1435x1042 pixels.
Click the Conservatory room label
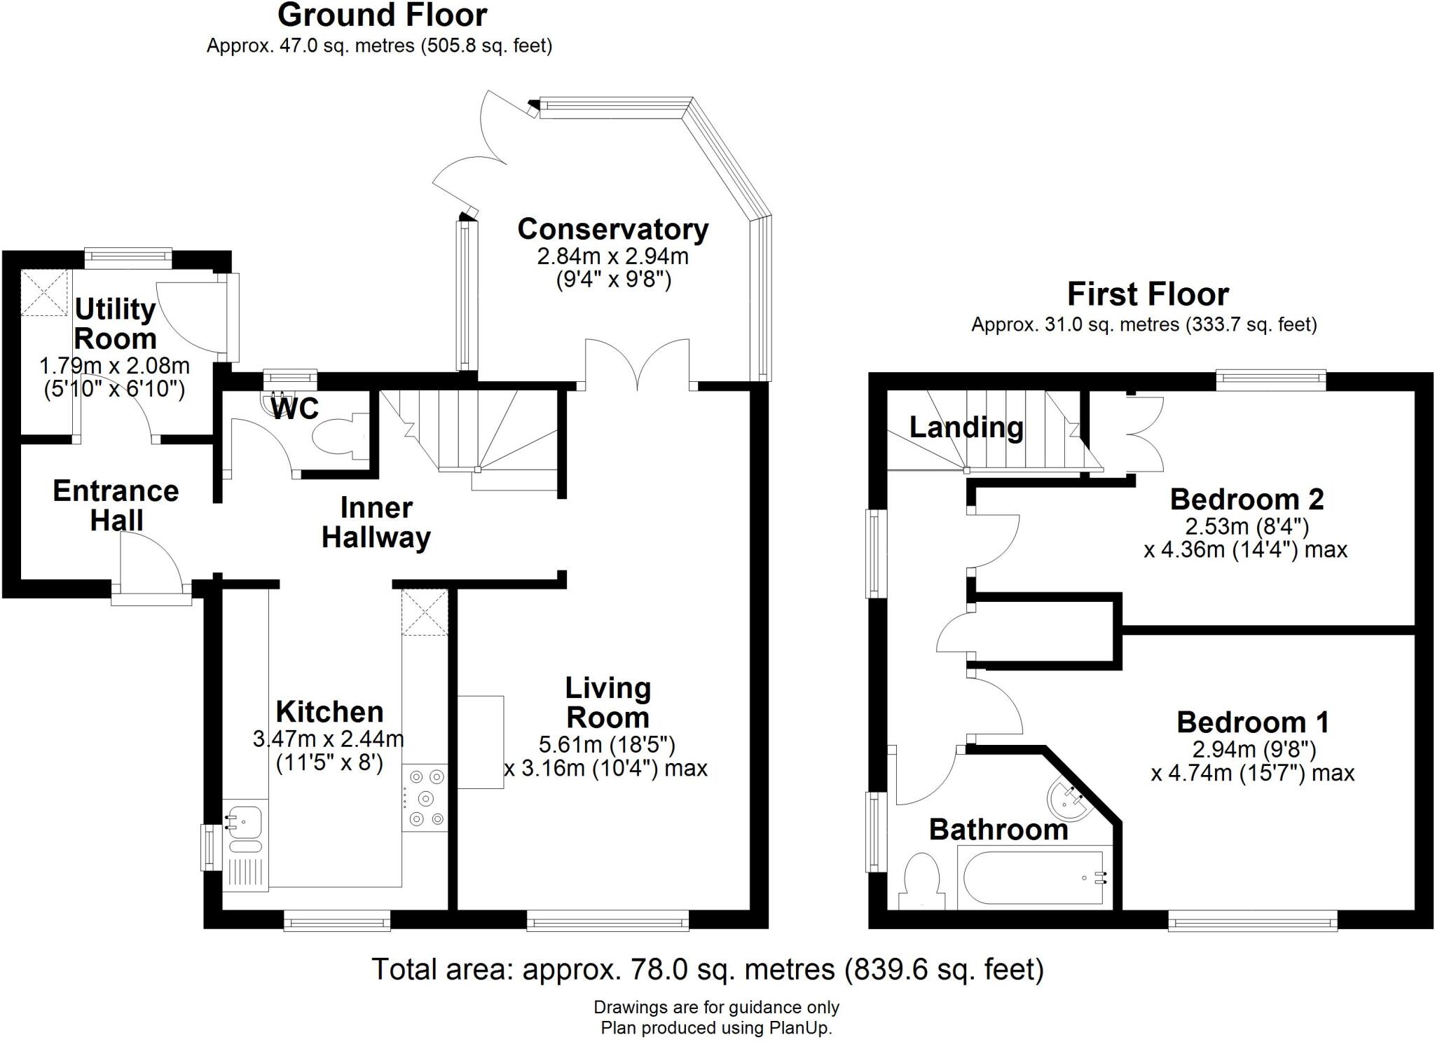point(612,229)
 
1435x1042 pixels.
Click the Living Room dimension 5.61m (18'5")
point(607,743)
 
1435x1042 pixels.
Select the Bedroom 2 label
point(1247,500)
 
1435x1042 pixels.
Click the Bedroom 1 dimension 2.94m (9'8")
point(1254,750)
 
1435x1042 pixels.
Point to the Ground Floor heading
point(382,15)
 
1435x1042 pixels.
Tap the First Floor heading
point(1148,294)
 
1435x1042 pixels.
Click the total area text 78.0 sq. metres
point(707,969)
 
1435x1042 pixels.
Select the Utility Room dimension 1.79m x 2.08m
point(114,366)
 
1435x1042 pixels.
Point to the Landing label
point(966,427)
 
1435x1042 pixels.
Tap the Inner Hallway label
point(376,523)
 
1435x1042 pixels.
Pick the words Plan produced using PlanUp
point(716,1028)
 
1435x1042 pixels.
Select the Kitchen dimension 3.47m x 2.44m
point(328,739)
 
